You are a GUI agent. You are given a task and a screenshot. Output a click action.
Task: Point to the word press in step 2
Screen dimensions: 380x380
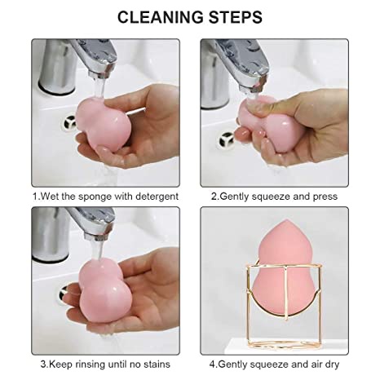(x=325, y=196)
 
